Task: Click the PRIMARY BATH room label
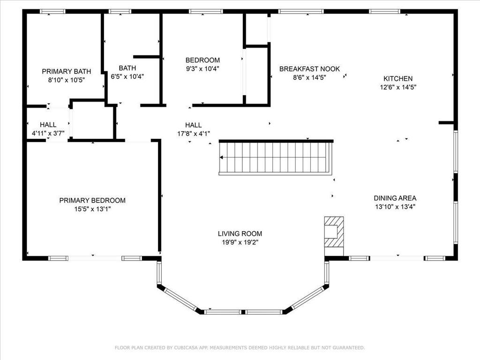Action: pyautogui.click(x=67, y=71)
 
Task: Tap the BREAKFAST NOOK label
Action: pyautogui.click(x=309, y=69)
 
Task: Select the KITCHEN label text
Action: pyautogui.click(x=398, y=79)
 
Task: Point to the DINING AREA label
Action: pyautogui.click(x=395, y=198)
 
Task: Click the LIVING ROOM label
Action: pyautogui.click(x=240, y=233)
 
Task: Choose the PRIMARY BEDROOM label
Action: pyautogui.click(x=92, y=201)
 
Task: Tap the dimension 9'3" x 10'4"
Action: pyautogui.click(x=202, y=69)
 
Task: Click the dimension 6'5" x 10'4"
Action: pyautogui.click(x=127, y=76)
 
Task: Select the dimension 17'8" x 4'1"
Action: pyautogui.click(x=194, y=134)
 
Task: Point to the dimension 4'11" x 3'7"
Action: pyautogui.click(x=48, y=134)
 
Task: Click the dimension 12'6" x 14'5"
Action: pyautogui.click(x=398, y=87)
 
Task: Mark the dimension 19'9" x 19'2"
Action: pyautogui.click(x=240, y=242)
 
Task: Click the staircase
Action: pyautogui.click(x=276, y=157)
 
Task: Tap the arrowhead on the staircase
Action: pyautogui.click(x=221, y=157)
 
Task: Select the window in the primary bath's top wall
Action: pyautogui.click(x=52, y=12)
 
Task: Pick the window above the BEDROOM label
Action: pyautogui.click(x=206, y=12)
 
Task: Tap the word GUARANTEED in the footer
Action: pyautogui.click(x=349, y=348)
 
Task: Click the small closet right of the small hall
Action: pyautogui.click(x=93, y=120)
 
